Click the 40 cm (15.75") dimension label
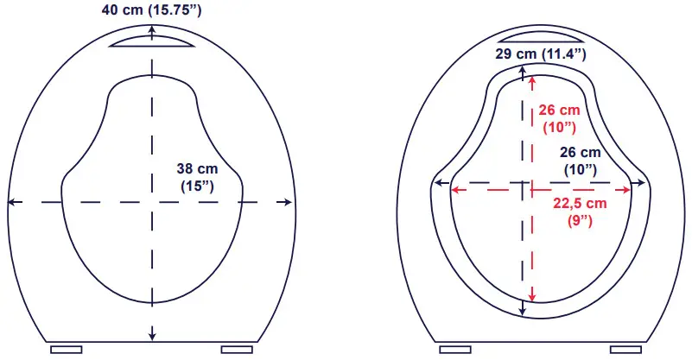(x=153, y=11)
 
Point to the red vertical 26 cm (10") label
(x=557, y=118)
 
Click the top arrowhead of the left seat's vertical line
(x=153, y=31)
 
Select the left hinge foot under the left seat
(x=66, y=349)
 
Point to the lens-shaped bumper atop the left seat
(x=153, y=41)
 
